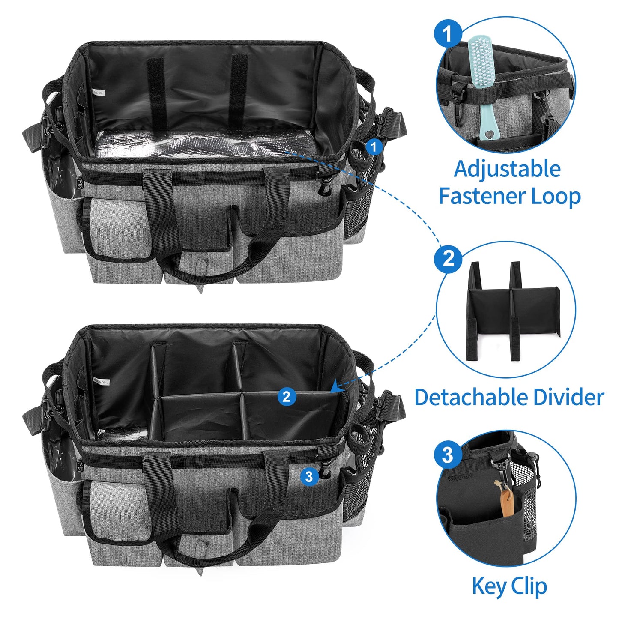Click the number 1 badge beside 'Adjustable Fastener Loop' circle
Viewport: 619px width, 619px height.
(448, 33)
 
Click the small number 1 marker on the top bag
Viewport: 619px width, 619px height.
(374, 147)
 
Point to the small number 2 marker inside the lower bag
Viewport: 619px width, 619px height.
(287, 396)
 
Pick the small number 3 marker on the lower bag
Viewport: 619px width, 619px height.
(309, 476)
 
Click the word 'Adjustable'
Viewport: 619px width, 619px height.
(507, 169)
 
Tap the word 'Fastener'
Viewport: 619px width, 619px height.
(481, 197)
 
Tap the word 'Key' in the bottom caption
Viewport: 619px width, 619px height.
(489, 586)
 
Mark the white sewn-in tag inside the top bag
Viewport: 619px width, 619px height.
(98, 93)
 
